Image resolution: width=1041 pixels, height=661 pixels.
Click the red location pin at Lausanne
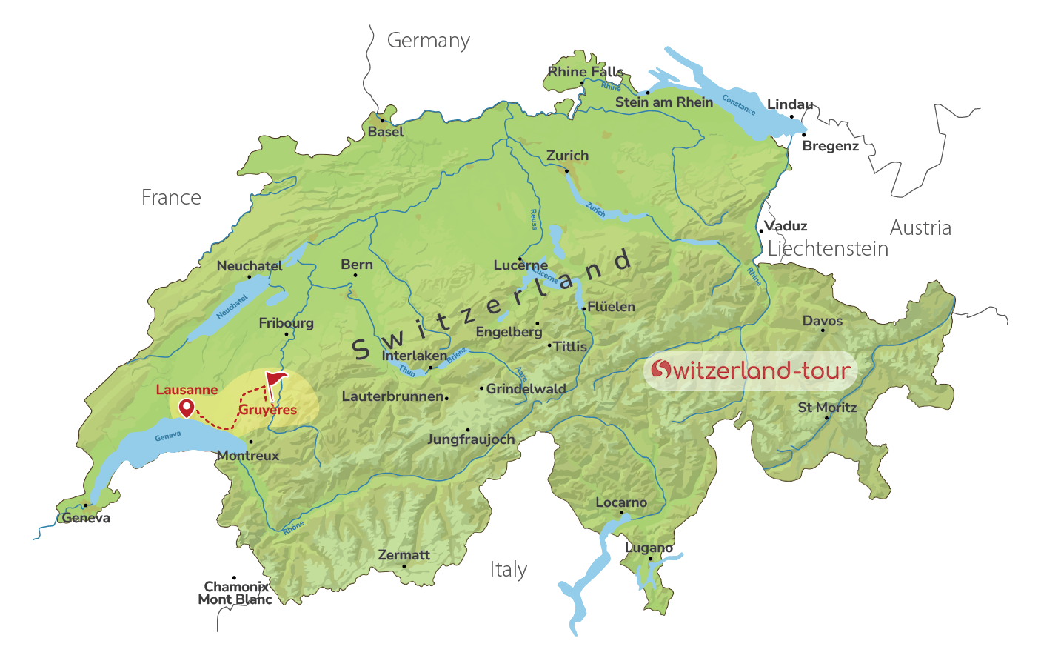click(x=186, y=407)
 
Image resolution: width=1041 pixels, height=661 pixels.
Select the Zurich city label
click(x=567, y=156)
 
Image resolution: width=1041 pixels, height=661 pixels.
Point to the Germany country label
click(x=428, y=41)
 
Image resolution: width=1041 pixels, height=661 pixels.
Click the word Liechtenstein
click(x=828, y=249)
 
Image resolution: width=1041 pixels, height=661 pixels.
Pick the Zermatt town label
click(x=404, y=555)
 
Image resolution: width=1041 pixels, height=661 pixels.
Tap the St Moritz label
click(x=827, y=408)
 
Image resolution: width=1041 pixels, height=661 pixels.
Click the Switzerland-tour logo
click(x=750, y=370)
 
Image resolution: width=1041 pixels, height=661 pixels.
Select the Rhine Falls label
click(x=586, y=72)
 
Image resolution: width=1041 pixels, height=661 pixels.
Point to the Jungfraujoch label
click(x=471, y=439)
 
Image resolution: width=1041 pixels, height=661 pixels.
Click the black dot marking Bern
click(x=355, y=276)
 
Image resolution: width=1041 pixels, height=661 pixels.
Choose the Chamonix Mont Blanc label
click(x=235, y=594)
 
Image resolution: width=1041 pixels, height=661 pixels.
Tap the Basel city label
click(x=386, y=132)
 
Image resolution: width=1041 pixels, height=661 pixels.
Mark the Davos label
click(x=823, y=321)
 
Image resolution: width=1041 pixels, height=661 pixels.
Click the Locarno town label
click(x=621, y=502)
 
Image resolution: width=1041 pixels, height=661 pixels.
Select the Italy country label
click(x=508, y=570)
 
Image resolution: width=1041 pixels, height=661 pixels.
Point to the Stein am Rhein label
click(x=663, y=102)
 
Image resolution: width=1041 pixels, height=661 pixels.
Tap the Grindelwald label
click(x=526, y=389)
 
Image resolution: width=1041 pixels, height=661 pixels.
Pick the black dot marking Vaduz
click(x=761, y=230)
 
